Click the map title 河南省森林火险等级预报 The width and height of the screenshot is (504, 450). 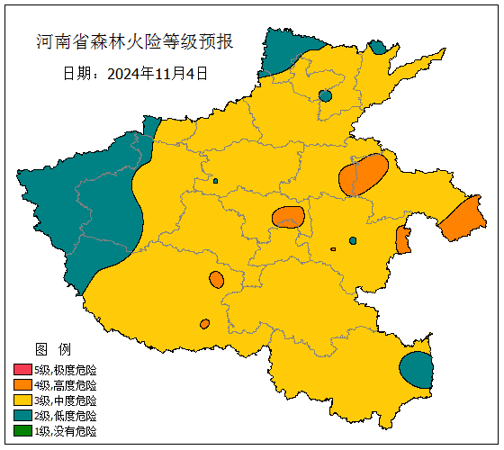(134, 42)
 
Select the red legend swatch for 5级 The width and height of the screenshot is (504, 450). (22, 370)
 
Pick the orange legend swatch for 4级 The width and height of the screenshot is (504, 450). (22, 385)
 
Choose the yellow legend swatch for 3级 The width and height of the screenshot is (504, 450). (22, 400)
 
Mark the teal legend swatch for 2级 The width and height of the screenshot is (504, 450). (22, 416)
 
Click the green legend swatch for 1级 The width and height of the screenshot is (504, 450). (22, 431)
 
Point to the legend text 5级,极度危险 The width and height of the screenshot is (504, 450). (65, 370)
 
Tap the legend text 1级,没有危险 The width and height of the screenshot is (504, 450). (65, 431)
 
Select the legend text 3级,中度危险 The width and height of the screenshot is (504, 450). (65, 400)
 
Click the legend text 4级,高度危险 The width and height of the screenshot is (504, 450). (65, 385)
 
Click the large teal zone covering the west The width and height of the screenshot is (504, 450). (85, 207)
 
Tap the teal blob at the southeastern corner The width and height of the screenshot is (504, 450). (417, 369)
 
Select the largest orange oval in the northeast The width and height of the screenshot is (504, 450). (363, 175)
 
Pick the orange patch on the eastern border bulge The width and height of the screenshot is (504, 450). (463, 219)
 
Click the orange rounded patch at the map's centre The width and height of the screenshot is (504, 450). (288, 217)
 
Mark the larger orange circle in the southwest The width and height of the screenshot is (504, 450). (216, 280)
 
